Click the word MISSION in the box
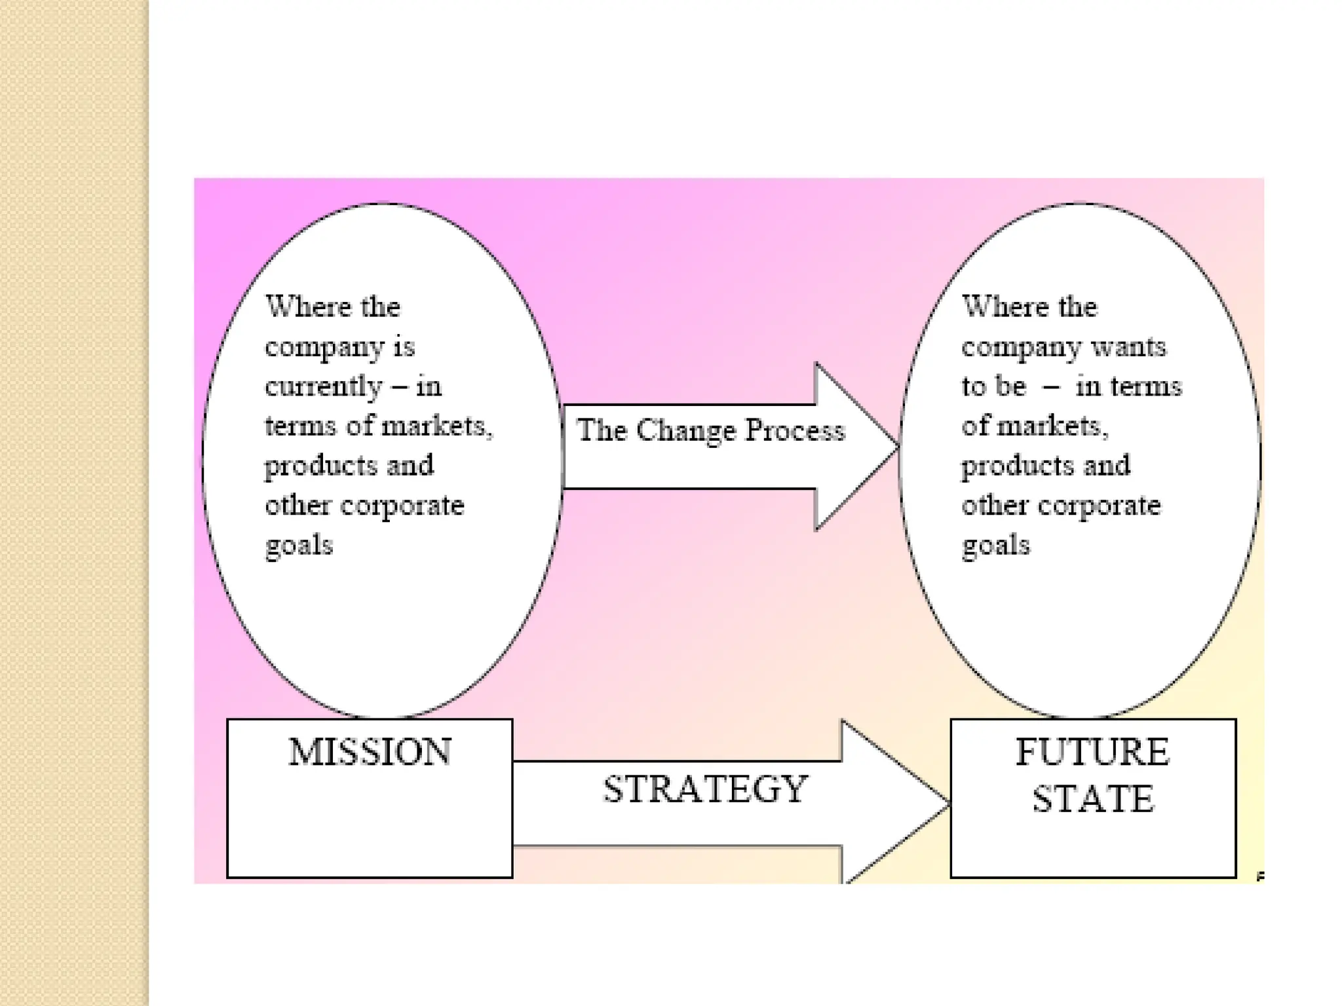[370, 752]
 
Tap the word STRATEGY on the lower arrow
[705, 789]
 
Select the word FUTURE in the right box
[1092, 752]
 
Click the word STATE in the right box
[1093, 799]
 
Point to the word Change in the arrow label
[685, 432]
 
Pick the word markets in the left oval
[435, 426]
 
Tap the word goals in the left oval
[299, 546]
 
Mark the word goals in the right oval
[995, 546]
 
